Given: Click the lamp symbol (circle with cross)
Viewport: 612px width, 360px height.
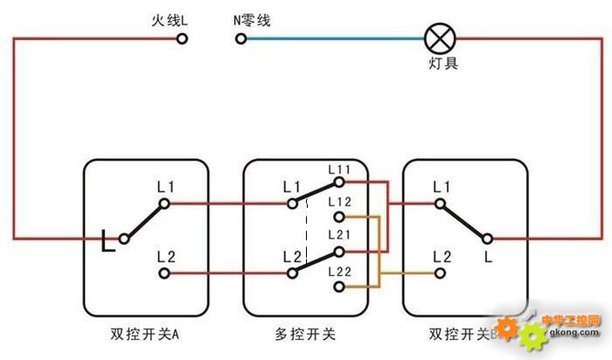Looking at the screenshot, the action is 440,38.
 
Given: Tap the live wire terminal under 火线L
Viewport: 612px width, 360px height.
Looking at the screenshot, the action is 182,38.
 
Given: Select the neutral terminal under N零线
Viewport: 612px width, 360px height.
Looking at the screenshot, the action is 240,38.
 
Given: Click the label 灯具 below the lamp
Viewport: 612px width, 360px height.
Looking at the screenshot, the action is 443,63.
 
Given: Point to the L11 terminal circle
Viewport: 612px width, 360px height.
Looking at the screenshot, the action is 339,182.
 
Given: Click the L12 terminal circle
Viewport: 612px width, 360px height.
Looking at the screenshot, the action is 339,217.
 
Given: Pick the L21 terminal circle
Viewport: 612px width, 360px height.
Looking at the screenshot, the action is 339,252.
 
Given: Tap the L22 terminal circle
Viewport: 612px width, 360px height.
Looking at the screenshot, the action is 339,287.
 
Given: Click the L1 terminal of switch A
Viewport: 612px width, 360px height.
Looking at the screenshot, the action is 164,204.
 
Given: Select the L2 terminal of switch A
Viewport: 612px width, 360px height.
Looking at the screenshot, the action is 164,273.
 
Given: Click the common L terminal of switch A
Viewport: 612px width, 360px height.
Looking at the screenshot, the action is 124,239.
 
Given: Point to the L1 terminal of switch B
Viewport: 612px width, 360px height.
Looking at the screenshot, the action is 440,204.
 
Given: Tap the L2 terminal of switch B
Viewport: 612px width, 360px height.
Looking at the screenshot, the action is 440,273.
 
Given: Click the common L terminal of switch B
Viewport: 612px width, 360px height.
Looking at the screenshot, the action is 487,239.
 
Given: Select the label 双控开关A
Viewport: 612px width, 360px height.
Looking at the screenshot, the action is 145,335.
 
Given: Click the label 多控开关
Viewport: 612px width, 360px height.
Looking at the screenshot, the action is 305,335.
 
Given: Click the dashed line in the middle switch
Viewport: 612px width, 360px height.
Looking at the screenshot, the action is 306,231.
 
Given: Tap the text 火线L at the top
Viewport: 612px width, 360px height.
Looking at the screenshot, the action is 170,20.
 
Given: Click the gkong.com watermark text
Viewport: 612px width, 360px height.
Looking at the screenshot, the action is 574,332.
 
